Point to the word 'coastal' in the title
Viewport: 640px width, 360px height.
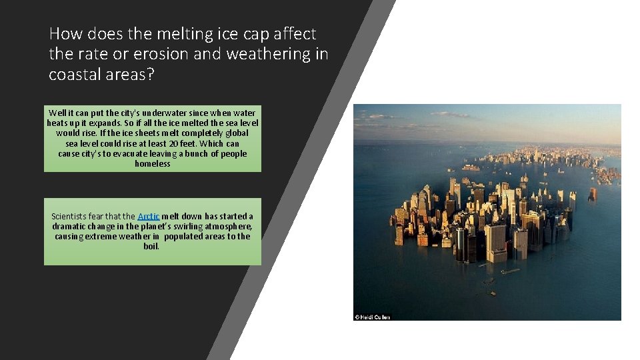tap(75, 75)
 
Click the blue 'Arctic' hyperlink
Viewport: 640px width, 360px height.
tap(148, 217)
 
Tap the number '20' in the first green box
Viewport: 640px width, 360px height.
tap(175, 143)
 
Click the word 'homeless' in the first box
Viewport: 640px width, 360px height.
tap(153, 163)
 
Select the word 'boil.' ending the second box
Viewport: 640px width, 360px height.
tap(151, 247)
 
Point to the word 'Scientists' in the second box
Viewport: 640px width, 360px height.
tap(69, 217)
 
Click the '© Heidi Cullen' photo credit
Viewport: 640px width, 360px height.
tap(373, 317)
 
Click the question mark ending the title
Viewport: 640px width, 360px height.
tap(150, 75)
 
